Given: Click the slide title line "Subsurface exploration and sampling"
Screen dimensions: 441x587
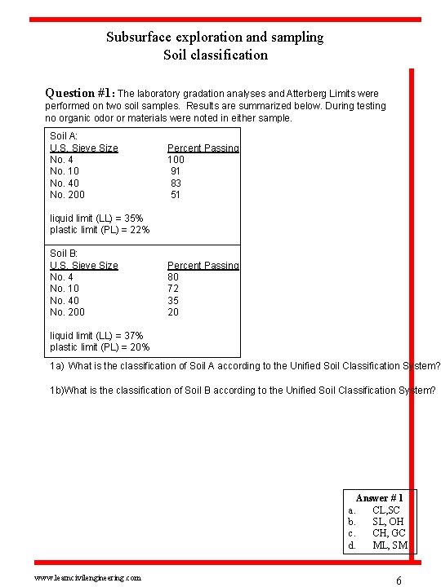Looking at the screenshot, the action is (x=215, y=37).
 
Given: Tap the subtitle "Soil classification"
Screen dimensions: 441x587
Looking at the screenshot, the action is (x=215, y=55).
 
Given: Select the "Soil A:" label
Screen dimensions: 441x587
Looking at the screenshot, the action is (x=64, y=136).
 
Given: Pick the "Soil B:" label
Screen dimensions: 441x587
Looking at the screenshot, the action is (x=64, y=254).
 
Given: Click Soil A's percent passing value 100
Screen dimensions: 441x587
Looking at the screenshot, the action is (x=176, y=160).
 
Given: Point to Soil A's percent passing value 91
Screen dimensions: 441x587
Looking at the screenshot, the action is (x=176, y=171).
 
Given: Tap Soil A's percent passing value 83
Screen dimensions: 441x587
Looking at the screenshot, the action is (x=176, y=183).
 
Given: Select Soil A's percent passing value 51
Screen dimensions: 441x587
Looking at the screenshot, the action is (x=176, y=195).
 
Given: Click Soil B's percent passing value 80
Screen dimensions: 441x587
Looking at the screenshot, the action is (x=173, y=277).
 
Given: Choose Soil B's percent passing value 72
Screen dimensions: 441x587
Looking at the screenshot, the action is (x=173, y=289).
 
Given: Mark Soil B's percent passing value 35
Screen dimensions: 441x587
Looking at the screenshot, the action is (x=173, y=301).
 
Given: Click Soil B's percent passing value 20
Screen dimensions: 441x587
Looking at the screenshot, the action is (x=173, y=312).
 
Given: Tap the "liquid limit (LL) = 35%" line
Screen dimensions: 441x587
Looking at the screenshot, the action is (x=96, y=218).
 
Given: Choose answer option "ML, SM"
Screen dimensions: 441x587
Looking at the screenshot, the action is (x=390, y=545).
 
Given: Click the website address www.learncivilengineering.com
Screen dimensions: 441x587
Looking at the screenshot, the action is (x=87, y=577).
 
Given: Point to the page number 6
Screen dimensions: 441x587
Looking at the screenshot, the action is (x=399, y=580).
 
